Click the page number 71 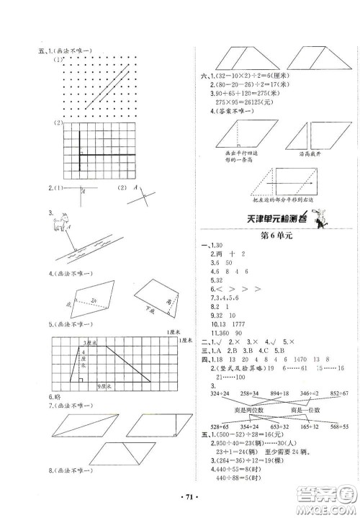180,496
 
